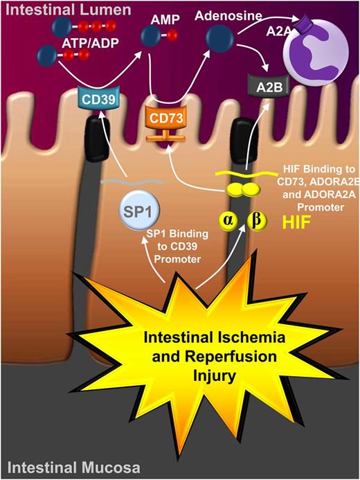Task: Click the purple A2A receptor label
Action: coord(276,32)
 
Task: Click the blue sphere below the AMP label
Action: coord(154,35)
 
